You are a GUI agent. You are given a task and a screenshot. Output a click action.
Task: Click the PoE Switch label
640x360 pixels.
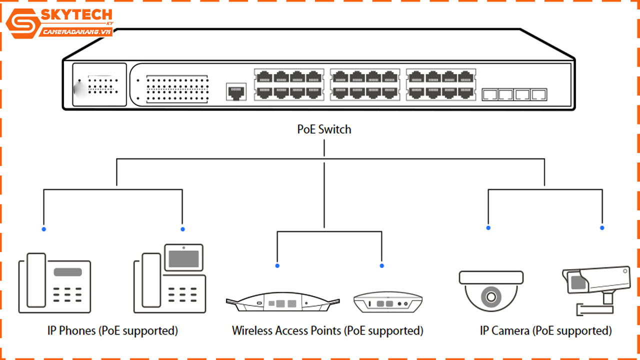click(324, 129)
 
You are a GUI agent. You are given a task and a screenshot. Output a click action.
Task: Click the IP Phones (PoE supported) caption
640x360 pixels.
click(112, 330)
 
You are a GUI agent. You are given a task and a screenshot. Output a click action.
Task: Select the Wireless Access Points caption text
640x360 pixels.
click(327, 330)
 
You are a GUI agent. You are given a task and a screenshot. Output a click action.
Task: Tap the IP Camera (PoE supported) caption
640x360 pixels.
click(545, 330)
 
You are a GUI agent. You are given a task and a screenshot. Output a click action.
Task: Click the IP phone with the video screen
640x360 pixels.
click(169, 280)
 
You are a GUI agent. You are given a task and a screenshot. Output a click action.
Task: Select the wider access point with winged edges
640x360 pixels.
click(282, 302)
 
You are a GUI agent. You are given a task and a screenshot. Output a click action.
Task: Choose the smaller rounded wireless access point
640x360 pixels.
click(387, 302)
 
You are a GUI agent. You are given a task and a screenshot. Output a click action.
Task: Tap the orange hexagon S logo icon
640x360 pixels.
click(22, 23)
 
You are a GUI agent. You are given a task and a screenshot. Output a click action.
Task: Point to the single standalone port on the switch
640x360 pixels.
click(236, 91)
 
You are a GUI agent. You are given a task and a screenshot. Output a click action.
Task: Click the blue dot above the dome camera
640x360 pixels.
click(488, 228)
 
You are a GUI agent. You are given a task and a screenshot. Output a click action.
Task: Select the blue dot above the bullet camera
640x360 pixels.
click(602, 228)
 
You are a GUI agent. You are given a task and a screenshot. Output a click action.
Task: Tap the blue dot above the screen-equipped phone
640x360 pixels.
click(182, 229)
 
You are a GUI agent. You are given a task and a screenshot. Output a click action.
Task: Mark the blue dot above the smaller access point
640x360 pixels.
click(382, 265)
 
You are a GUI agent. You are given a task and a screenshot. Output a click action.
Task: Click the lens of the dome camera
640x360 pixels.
click(490, 296)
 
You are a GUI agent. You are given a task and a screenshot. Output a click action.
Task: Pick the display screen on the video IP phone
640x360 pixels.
click(183, 258)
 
